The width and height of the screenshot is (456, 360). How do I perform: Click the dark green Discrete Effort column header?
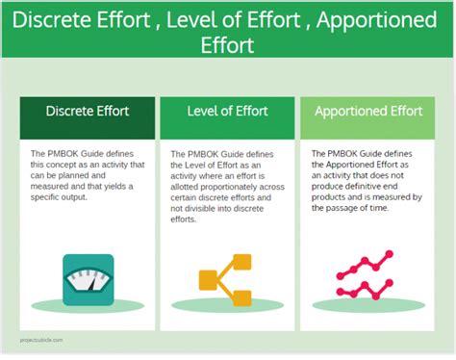click(88, 111)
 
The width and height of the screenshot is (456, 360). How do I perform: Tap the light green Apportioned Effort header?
click(367, 111)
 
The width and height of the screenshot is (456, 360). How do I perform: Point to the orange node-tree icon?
click(225, 280)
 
